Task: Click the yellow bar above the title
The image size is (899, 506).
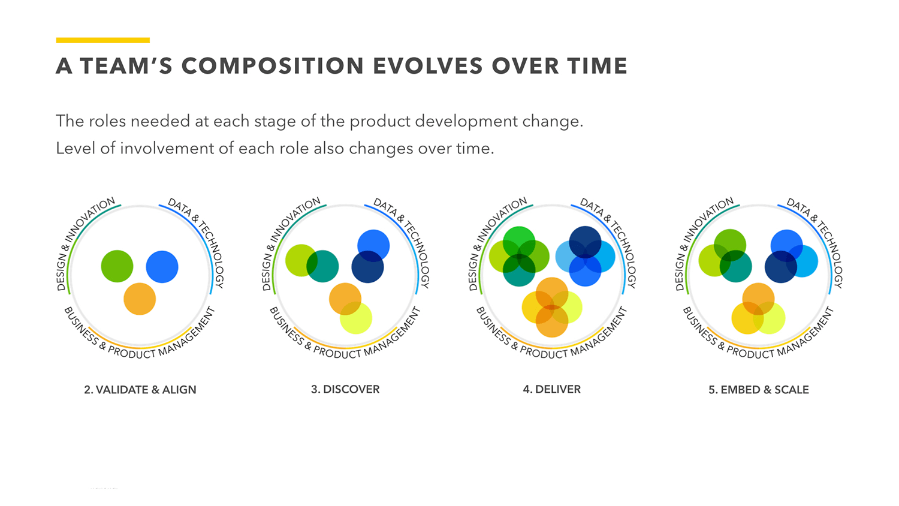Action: [x=102, y=40]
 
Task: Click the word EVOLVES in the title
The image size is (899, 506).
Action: [x=427, y=66]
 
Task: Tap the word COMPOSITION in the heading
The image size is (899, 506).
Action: [x=273, y=66]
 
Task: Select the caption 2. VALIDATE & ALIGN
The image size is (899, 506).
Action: [x=140, y=390]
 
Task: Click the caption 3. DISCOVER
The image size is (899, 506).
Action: [x=345, y=390]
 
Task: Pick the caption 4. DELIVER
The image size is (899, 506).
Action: [x=551, y=390]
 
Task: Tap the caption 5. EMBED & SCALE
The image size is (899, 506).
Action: [x=758, y=390]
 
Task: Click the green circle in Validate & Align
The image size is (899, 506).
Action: [x=117, y=266]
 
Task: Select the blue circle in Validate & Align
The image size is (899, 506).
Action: [x=162, y=267]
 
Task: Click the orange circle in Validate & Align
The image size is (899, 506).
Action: [x=140, y=299]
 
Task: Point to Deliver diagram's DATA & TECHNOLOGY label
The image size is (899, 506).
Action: [x=608, y=240]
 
